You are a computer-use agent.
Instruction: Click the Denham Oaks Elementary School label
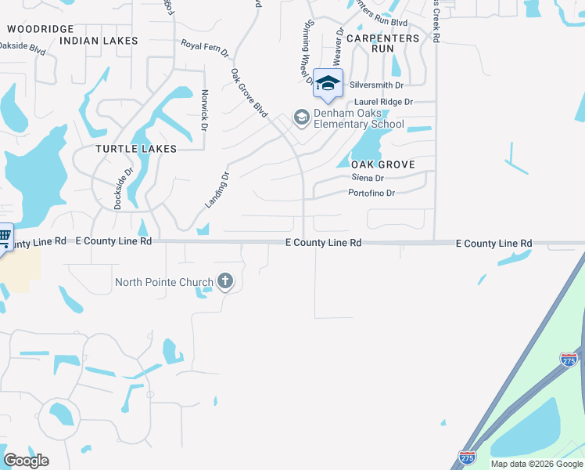pos(359,118)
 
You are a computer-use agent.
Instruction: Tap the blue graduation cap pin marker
pos(328,83)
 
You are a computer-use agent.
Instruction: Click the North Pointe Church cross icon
pos(225,281)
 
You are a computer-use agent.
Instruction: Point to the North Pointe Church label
pos(163,282)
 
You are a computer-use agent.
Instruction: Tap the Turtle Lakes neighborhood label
pos(136,148)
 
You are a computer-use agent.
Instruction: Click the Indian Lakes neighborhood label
pos(99,40)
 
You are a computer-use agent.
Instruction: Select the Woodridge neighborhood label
pos(40,28)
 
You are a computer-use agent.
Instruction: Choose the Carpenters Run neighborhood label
pos(382,43)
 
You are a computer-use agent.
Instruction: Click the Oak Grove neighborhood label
pos(382,164)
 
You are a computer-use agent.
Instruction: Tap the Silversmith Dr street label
pos(377,85)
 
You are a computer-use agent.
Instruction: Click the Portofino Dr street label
pos(371,193)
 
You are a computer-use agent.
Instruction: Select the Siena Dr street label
pos(366,179)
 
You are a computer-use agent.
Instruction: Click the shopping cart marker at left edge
pos(4,235)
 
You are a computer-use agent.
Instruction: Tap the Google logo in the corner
pos(26,460)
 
